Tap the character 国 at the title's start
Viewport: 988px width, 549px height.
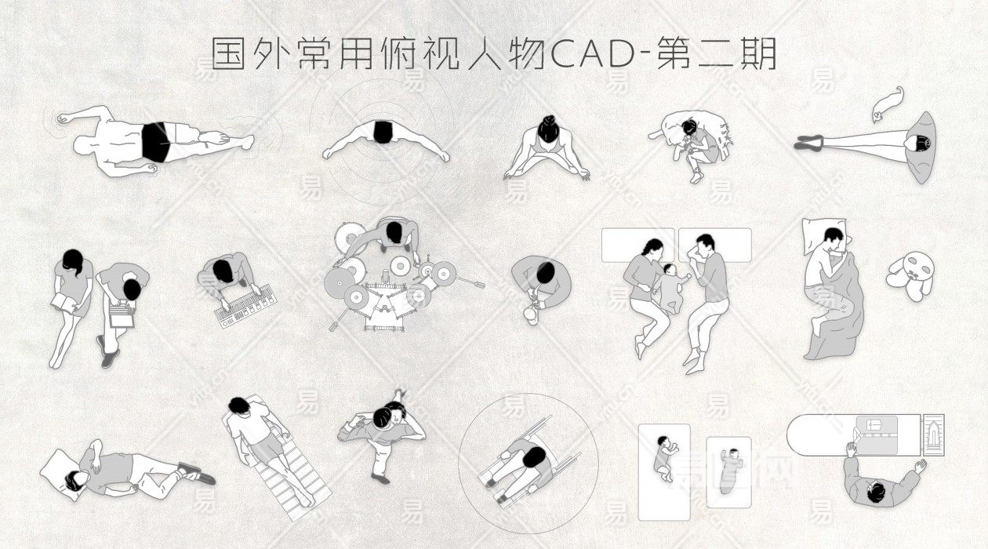(x=227, y=53)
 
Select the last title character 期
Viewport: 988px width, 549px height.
(x=759, y=54)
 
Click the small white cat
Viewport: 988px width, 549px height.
(x=888, y=104)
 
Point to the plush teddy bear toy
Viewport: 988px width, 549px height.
(x=910, y=276)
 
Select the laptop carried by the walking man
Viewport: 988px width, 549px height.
(x=121, y=314)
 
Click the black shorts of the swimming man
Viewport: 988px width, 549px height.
(x=155, y=142)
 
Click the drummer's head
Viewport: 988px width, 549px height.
(x=394, y=231)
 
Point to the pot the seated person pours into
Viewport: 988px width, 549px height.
(x=531, y=314)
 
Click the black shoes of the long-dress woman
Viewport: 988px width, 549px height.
(x=809, y=142)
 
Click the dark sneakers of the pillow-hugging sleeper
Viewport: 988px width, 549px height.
(x=196, y=473)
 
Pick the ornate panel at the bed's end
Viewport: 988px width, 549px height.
(x=933, y=435)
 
